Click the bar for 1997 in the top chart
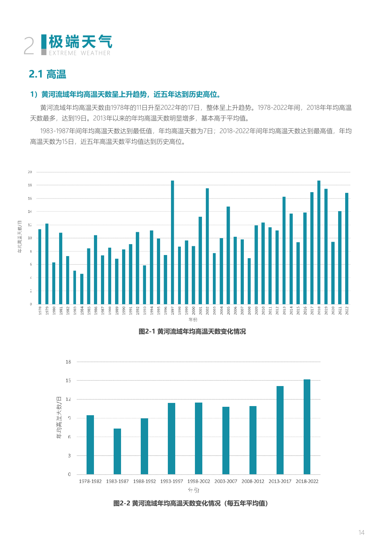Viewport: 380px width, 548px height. coord(172,242)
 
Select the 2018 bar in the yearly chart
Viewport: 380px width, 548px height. coord(319,242)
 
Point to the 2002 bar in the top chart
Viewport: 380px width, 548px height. coord(207,246)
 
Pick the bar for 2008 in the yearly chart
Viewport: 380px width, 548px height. coord(249,281)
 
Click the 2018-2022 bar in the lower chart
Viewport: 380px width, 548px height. coord(307,427)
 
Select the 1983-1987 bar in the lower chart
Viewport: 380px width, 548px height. coord(117,451)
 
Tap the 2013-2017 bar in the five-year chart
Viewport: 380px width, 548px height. coord(280,430)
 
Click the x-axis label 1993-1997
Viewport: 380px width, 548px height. coord(171,481)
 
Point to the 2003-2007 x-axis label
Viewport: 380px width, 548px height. coord(226,481)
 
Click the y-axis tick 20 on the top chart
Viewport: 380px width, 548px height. coord(30,172)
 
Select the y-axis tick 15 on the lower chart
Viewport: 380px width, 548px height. coord(68,380)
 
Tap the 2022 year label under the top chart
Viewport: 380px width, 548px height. coord(347,311)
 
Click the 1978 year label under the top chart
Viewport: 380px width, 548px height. coord(40,311)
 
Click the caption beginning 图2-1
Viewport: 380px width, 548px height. coord(192,332)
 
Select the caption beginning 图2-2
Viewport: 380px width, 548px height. coord(191,503)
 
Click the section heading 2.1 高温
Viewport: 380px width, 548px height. coord(47,74)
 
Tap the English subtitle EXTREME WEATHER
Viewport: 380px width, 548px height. coord(80,53)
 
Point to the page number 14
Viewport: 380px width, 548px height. coord(361,533)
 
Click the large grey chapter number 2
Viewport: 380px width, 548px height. coord(29,46)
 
